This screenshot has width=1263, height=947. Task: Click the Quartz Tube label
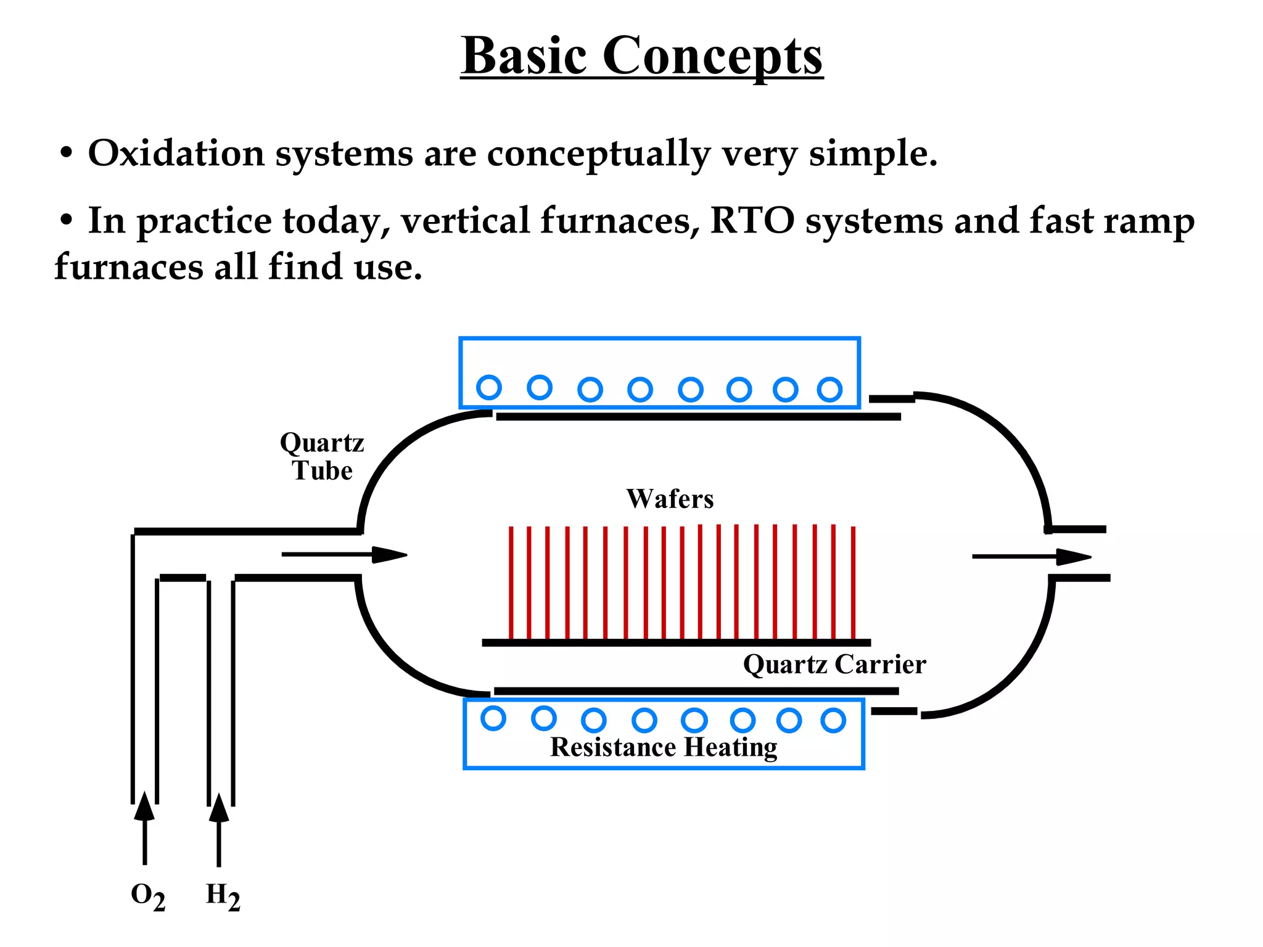[x=322, y=457]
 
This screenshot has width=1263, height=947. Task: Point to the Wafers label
[x=670, y=499]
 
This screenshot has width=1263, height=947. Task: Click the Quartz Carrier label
[x=834, y=665]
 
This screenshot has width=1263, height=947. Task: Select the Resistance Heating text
[x=664, y=747]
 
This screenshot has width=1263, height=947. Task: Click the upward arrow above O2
[x=144, y=826]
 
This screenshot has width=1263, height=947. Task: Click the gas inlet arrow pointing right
[x=345, y=555]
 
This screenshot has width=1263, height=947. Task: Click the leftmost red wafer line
[x=511, y=582]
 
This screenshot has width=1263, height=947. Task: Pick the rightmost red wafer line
[x=853, y=582]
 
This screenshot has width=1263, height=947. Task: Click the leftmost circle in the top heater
[x=489, y=387]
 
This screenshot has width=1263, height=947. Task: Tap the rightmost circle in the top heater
[x=829, y=390]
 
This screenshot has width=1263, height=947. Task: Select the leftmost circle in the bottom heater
[x=493, y=718]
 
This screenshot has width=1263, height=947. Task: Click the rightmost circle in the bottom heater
[x=833, y=720]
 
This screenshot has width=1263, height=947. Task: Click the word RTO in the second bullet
[x=752, y=221]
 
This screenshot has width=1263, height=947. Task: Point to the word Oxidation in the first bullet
[x=176, y=153]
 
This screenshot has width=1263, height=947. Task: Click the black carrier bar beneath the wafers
[x=676, y=642]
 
